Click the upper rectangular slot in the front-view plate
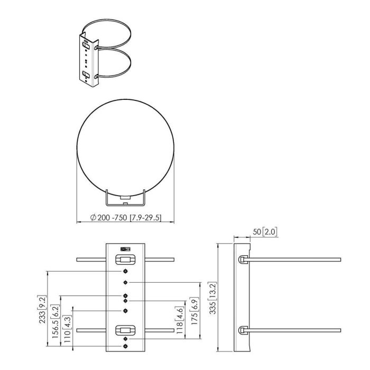125,260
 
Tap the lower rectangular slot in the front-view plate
125,331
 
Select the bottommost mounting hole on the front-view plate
125,346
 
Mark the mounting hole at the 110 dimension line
125,310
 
